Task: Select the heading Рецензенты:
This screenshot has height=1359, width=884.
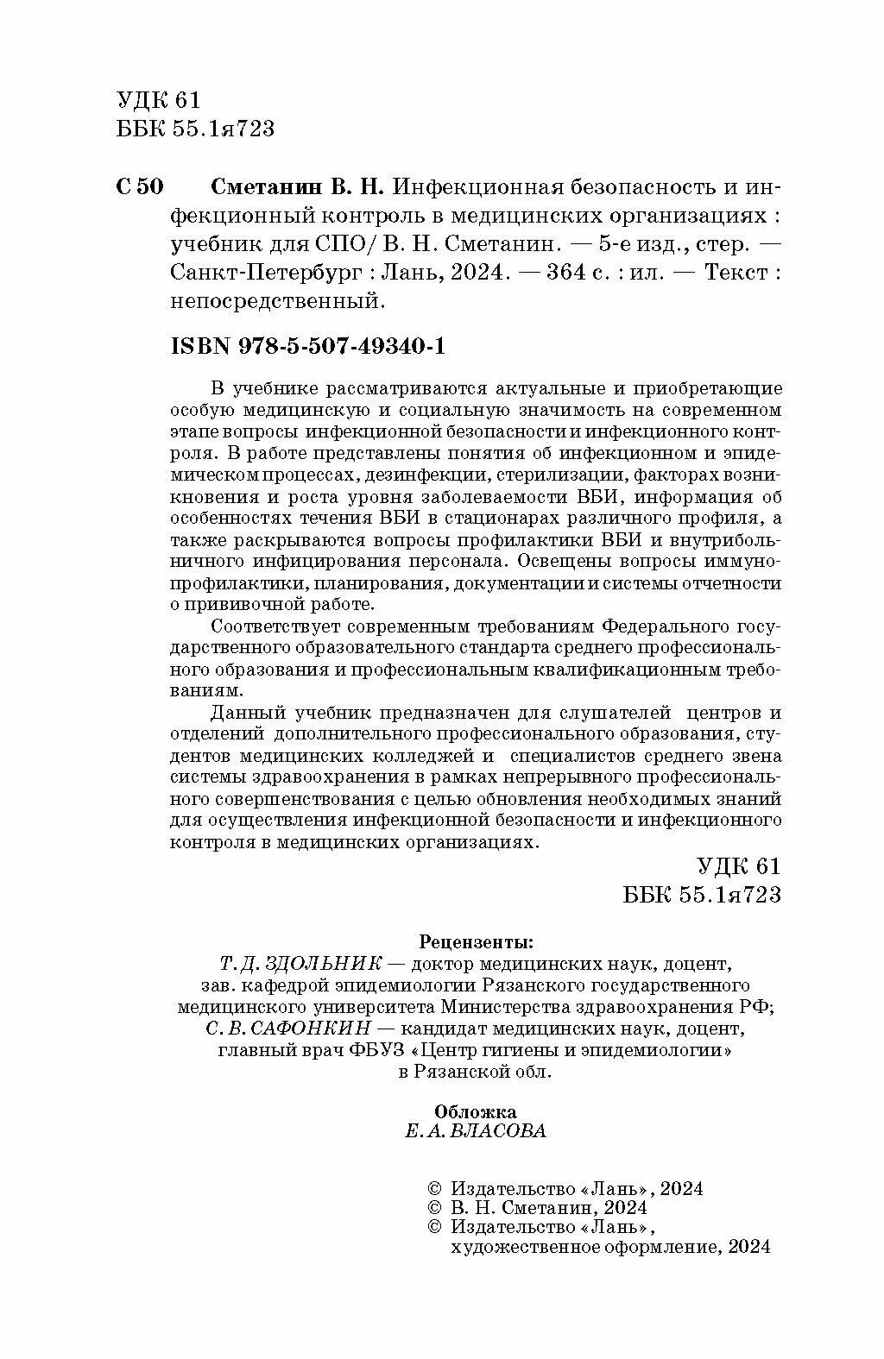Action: click(x=476, y=940)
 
